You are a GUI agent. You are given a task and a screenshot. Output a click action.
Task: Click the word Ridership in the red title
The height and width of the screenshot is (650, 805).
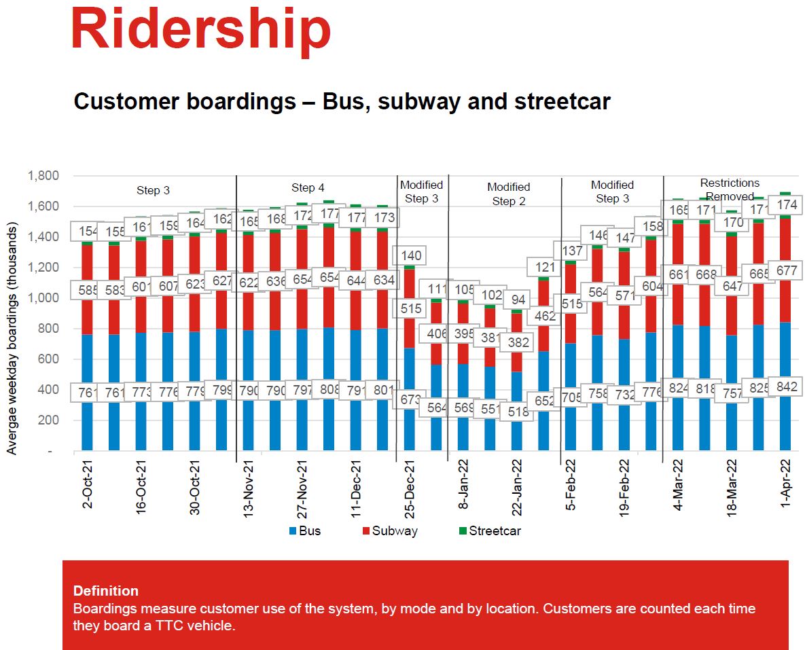200,29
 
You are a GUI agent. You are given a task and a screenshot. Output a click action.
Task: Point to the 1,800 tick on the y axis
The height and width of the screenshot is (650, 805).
43,176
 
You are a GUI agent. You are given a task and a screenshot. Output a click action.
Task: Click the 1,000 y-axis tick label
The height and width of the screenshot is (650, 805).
43,298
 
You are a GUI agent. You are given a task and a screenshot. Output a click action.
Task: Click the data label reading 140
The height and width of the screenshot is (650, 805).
411,256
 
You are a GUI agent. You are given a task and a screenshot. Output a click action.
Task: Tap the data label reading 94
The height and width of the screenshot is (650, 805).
518,300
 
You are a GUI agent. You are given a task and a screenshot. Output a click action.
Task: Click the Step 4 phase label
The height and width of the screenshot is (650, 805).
308,188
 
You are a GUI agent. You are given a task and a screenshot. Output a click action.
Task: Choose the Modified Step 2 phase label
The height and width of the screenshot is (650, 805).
508,194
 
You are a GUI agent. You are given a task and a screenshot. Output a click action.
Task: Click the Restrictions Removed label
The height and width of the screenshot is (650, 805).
730,189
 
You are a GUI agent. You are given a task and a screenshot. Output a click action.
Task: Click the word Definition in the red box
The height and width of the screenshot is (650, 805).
105,591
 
